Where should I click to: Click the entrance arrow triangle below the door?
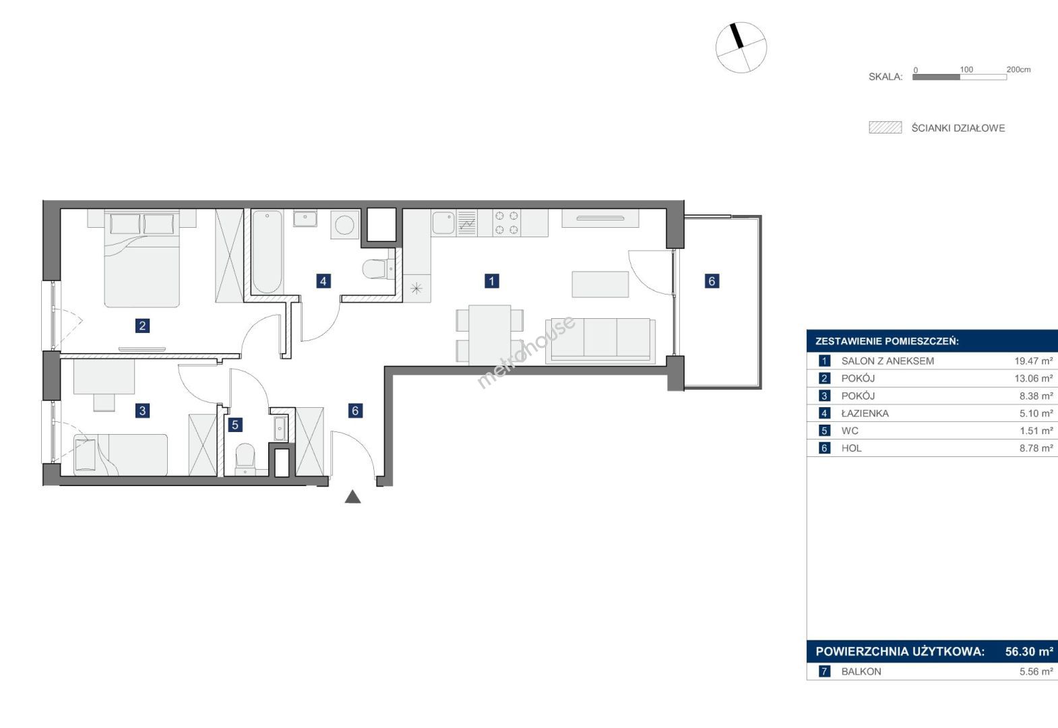coord(353,497)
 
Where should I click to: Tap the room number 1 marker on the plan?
coord(492,281)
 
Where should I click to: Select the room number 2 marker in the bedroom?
coord(142,326)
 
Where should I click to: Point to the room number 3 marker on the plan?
coord(142,411)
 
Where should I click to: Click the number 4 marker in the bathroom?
coord(323,281)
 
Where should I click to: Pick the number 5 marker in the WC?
coord(235,425)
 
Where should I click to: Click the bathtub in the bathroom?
coord(267,252)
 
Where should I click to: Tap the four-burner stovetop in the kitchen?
coord(506,222)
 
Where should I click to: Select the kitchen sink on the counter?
coord(443,222)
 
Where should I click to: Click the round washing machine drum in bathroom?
coord(344,224)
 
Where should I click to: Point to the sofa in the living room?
coord(600,340)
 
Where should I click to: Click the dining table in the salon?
coord(490,335)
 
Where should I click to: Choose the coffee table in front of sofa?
coord(600,284)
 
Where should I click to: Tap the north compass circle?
coord(741,47)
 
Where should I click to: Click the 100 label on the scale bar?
coord(966,69)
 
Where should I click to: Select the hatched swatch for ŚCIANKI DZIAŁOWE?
coord(885,127)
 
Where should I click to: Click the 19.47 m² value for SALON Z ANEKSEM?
coord(1034,361)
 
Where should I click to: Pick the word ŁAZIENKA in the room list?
coord(865,413)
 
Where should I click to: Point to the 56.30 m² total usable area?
coord(1029,651)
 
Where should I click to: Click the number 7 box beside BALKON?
coord(824,671)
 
